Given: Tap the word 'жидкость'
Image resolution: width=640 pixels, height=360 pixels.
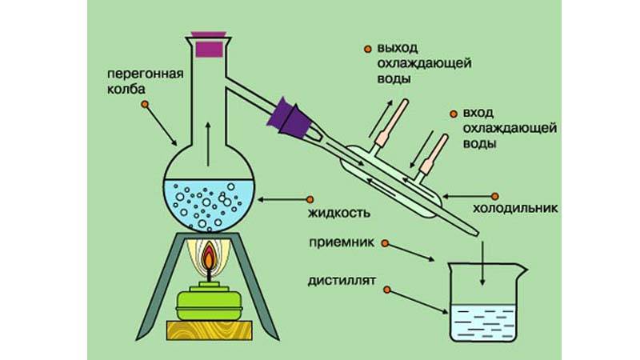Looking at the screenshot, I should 342,214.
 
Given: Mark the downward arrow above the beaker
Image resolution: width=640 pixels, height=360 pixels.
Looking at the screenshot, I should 482,264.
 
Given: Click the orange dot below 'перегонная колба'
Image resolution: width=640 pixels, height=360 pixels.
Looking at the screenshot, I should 144,105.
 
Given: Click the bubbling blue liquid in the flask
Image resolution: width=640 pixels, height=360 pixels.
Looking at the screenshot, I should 208,204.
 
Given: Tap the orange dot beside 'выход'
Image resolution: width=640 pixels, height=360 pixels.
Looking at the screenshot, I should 367,47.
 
